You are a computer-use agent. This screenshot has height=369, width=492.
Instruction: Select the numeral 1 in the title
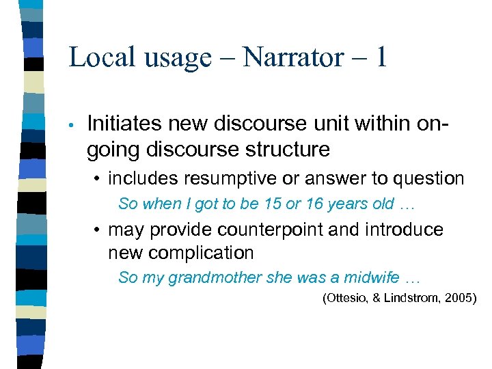click(x=379, y=57)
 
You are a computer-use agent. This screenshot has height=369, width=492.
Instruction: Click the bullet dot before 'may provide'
click(x=99, y=230)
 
